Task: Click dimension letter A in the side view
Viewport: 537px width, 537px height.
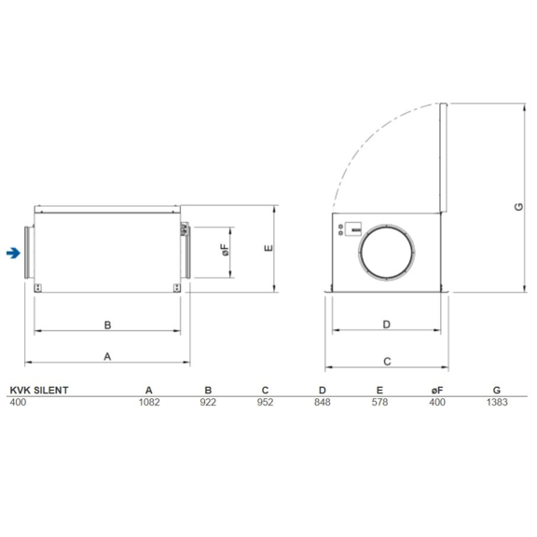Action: [107, 356]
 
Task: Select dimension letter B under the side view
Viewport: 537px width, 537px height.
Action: [107, 325]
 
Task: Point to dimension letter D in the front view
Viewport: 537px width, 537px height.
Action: [386, 324]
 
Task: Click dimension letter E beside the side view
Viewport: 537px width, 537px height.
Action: [267, 248]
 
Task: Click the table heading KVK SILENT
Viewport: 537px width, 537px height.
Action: [38, 390]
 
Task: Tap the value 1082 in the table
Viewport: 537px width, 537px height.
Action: [149, 403]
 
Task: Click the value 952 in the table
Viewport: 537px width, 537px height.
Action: [265, 403]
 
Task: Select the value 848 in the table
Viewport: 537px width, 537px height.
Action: [323, 403]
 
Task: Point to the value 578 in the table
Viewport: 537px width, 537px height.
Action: [380, 403]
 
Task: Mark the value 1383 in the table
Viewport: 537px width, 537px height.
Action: [496, 403]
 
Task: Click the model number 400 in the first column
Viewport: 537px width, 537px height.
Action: [18, 403]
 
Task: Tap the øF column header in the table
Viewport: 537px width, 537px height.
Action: [437, 390]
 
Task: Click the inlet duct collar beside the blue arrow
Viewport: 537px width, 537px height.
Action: [28, 252]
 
